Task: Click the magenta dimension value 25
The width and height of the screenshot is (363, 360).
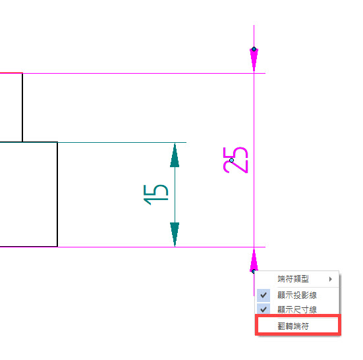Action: (235, 160)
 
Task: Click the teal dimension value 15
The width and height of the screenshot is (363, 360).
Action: (155, 195)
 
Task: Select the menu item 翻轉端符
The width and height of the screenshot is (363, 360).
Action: (293, 326)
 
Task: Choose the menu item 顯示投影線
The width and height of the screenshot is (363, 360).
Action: (297, 296)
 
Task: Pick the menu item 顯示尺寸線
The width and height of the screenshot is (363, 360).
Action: (297, 309)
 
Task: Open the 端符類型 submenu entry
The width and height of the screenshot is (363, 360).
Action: (293, 279)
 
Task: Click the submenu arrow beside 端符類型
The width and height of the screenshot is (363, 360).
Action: (331, 279)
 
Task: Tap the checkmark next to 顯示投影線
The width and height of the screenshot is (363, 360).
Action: (264, 296)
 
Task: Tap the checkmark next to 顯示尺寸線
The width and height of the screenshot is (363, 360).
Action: (264, 309)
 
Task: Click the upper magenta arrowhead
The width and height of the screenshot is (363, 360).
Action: (254, 60)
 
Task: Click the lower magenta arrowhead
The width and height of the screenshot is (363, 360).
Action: (254, 260)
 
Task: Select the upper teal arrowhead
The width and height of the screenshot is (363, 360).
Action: (175, 155)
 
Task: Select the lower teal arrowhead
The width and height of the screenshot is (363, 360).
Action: (175, 234)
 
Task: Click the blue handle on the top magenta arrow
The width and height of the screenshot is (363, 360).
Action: (254, 49)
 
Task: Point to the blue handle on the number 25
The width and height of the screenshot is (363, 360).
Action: (231, 160)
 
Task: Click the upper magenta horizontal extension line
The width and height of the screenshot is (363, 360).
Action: (144, 73)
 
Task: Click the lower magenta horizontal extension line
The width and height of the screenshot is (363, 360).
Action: (161, 247)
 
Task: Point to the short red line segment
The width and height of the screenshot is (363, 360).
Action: (11, 73)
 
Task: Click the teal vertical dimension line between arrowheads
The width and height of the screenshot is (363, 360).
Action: (175, 195)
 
